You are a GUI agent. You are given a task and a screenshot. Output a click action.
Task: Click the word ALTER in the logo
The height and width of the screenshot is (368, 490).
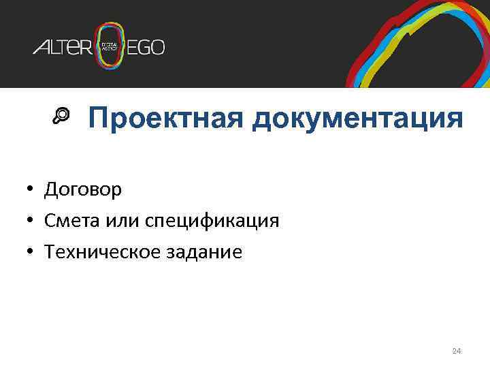(62, 47)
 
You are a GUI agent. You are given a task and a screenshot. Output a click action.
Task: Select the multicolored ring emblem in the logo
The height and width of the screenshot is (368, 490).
(111, 46)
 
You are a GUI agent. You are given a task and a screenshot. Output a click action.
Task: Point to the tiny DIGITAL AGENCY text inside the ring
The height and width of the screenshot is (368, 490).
(110, 46)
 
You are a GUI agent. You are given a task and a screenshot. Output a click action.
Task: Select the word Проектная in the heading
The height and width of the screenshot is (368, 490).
(166, 118)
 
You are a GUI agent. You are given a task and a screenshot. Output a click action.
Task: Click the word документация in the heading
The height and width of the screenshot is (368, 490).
(357, 118)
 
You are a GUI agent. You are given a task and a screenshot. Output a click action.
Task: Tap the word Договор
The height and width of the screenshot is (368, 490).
(83, 189)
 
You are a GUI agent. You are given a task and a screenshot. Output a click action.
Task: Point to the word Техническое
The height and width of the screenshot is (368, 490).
(93, 252)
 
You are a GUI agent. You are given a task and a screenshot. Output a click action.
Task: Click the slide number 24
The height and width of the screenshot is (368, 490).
(457, 351)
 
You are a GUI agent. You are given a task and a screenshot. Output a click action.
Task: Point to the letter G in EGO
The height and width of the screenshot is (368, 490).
(146, 47)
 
